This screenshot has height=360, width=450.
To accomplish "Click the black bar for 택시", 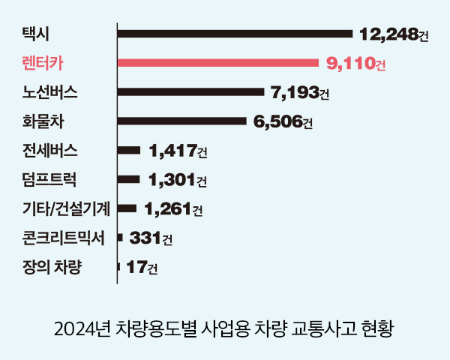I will [235, 33].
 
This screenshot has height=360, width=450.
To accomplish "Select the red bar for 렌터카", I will [218, 62].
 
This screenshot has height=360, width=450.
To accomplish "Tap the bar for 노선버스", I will [191, 91].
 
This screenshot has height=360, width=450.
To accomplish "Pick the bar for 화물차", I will [182, 121].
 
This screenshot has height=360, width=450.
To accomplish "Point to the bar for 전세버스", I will [129, 150].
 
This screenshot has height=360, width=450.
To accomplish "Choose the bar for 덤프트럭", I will [128, 179].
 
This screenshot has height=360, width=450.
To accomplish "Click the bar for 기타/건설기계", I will [127, 208].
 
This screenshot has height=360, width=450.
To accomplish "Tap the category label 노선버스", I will [49, 91].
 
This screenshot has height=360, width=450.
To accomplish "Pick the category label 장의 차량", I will [52, 267].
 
